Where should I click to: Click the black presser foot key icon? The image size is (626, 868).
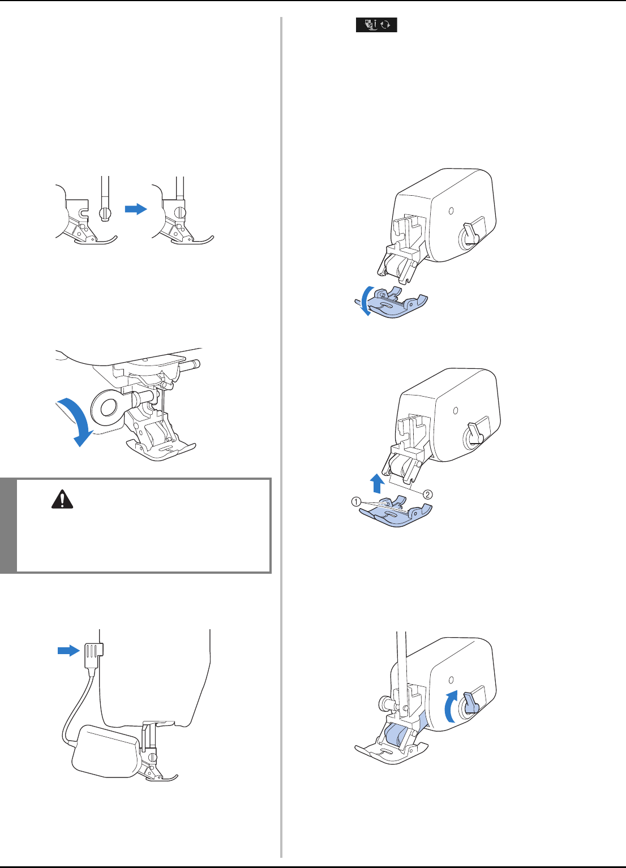click(376, 25)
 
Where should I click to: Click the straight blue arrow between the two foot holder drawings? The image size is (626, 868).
click(136, 209)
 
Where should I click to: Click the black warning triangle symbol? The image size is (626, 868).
click(62, 500)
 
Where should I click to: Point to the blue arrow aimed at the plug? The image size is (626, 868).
click(69, 650)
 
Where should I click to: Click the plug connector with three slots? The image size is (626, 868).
click(92, 655)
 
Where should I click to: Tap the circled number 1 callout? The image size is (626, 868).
click(356, 502)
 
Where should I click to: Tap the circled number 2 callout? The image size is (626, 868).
click(427, 495)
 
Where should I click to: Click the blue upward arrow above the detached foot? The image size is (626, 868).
click(377, 484)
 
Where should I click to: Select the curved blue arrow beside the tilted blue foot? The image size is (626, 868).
click(365, 301)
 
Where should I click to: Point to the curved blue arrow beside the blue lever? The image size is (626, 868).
click(451, 706)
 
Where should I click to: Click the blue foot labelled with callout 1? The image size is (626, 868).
click(396, 511)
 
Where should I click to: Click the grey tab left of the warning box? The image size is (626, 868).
click(8, 526)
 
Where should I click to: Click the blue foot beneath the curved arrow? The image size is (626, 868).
click(396, 303)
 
